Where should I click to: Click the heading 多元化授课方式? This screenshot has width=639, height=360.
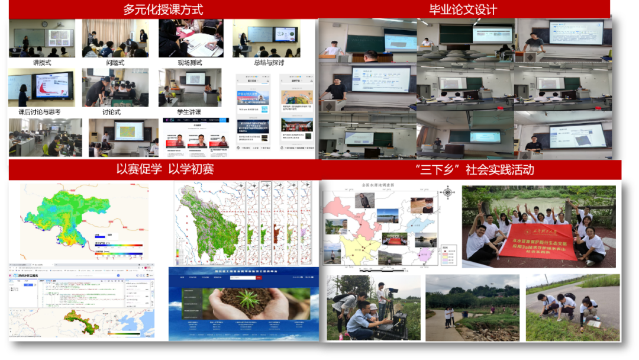pos(163,9)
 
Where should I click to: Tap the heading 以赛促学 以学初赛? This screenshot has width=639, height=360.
pos(165,169)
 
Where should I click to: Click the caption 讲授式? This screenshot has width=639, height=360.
pos(41,62)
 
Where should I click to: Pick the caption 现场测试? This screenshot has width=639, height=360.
pos(190,62)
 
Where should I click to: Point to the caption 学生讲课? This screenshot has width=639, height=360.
pos(189,111)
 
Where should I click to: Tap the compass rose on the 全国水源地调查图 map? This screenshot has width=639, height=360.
pos(447,192)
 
